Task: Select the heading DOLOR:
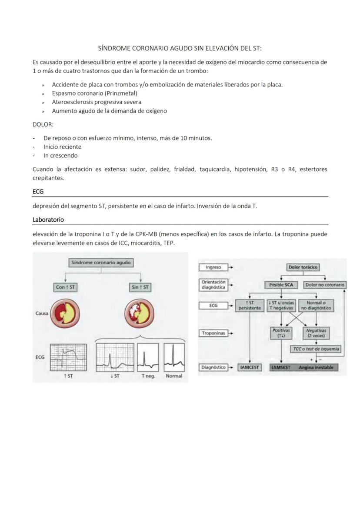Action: tap(43, 124)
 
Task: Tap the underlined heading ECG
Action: tap(38, 191)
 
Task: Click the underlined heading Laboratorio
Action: tap(48, 220)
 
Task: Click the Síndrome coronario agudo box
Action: tap(101, 263)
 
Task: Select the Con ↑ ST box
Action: tap(66, 287)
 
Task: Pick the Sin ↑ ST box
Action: tap(140, 287)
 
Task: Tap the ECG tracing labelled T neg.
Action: tap(148, 357)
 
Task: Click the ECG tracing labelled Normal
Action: tap(174, 357)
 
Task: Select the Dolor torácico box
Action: tap(303, 267)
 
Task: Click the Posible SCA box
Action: tap(280, 285)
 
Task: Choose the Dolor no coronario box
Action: tap(324, 285)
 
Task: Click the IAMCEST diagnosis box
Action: tap(250, 367)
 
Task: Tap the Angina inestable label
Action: tap(316, 367)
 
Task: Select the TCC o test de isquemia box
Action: tap(316, 349)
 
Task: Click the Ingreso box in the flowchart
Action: tap(213, 267)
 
